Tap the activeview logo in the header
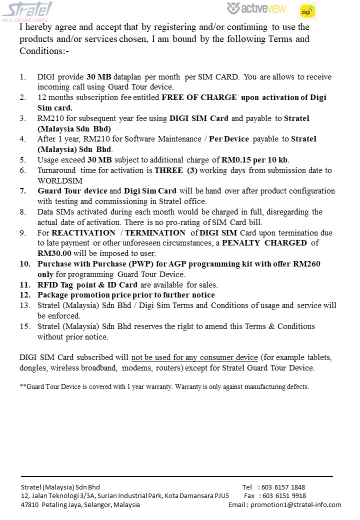256,8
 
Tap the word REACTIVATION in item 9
83,233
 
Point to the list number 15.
24,326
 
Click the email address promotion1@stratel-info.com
296,505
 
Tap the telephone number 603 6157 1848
283,487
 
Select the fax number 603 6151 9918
284,496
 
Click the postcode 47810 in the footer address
29,505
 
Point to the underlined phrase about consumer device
194,358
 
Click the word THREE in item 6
168,170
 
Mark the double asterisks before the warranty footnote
22,386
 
